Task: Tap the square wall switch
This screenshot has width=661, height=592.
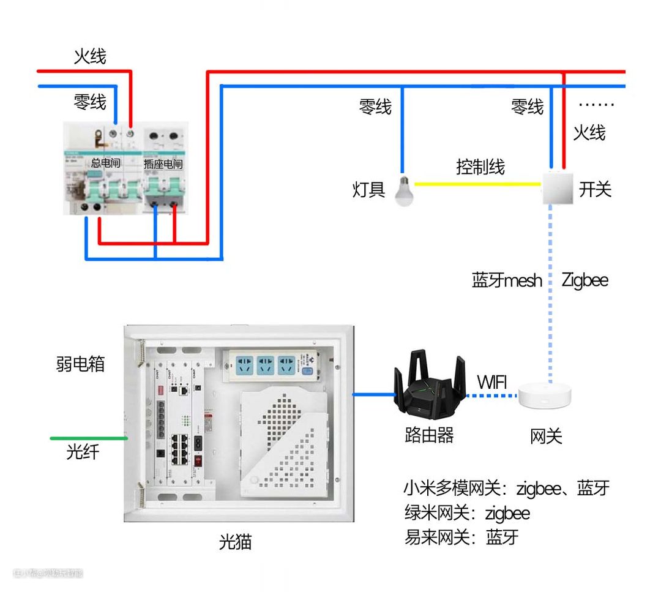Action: click(x=558, y=189)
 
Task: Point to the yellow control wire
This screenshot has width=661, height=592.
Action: click(x=477, y=183)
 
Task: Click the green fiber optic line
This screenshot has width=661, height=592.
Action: click(x=89, y=438)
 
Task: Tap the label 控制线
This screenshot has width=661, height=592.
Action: click(x=480, y=167)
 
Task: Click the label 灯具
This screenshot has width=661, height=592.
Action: click(x=368, y=190)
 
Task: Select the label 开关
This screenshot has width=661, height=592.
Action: click(x=595, y=189)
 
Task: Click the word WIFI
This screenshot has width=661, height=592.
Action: click(x=492, y=383)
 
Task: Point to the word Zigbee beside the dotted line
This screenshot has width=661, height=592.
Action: click(x=584, y=280)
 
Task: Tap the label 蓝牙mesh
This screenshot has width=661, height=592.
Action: click(x=507, y=280)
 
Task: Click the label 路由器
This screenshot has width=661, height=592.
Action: click(x=429, y=435)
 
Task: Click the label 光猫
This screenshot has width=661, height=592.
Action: click(x=236, y=542)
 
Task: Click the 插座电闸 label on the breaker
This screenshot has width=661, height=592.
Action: click(x=163, y=164)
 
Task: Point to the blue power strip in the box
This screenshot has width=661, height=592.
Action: click(x=274, y=365)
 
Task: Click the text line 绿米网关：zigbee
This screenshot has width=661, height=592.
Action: click(x=467, y=512)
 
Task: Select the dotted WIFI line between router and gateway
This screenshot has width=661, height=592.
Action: click(x=492, y=395)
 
